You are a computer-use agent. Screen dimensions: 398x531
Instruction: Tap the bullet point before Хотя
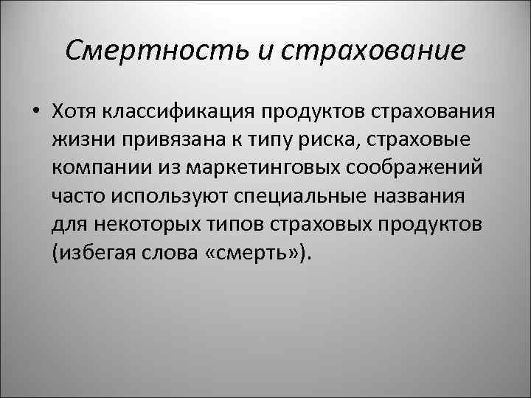(35, 111)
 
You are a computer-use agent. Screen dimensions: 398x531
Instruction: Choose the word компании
(102, 168)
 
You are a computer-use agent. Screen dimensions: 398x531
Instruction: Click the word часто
(79, 197)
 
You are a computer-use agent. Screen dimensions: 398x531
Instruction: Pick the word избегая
(93, 254)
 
